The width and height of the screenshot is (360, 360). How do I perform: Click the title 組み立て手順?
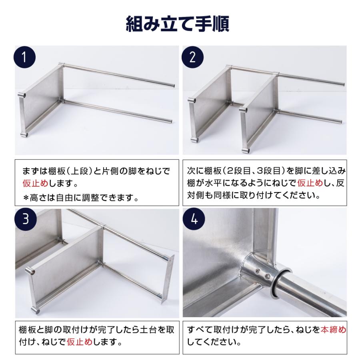[x=177, y=24]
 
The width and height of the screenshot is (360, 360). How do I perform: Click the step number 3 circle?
[x=25, y=220]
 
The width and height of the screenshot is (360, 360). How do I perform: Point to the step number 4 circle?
[x=193, y=220]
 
